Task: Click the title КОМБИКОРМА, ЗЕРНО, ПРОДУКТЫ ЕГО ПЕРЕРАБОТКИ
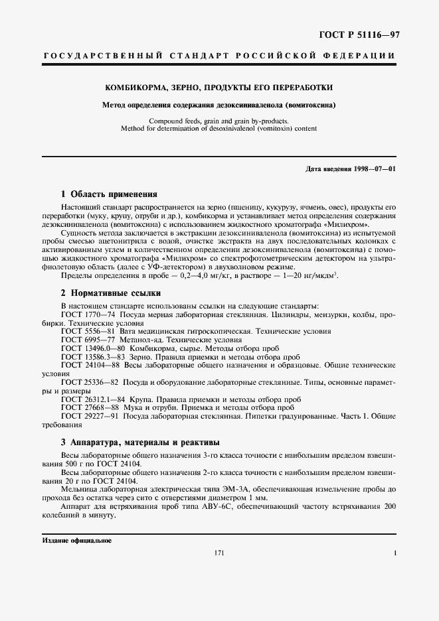click(219, 88)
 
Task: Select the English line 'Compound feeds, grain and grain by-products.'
click(219, 121)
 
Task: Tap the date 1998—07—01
click(375, 169)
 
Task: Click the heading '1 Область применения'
click(109, 195)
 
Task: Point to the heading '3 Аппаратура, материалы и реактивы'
click(140, 442)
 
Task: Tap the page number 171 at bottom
click(219, 553)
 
